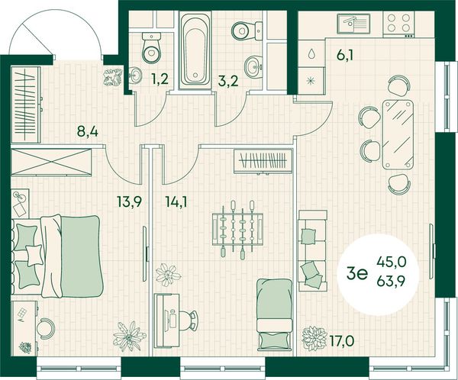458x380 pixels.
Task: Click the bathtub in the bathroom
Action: (x=195, y=50)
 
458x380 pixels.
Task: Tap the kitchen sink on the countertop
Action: (x=353, y=24)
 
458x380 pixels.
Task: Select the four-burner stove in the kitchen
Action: (x=398, y=23)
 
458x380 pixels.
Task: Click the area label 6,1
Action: (x=345, y=55)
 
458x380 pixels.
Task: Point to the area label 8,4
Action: (x=87, y=131)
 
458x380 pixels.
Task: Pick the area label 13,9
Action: (x=129, y=201)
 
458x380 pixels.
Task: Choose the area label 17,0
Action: (x=341, y=340)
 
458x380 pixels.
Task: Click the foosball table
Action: (x=237, y=229)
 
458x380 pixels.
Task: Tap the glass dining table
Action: (x=398, y=134)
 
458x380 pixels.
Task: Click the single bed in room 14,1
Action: (x=275, y=314)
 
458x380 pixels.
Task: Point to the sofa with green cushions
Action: (x=312, y=250)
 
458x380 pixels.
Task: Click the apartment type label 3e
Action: (x=356, y=274)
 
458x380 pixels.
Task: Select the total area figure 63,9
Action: (x=391, y=282)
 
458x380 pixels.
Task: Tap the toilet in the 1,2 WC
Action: (x=152, y=47)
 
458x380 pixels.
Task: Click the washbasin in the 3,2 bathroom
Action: (x=254, y=66)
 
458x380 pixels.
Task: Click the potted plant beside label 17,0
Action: (x=314, y=339)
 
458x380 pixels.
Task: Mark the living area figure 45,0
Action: (x=392, y=262)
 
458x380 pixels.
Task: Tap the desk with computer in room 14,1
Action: (x=167, y=320)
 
